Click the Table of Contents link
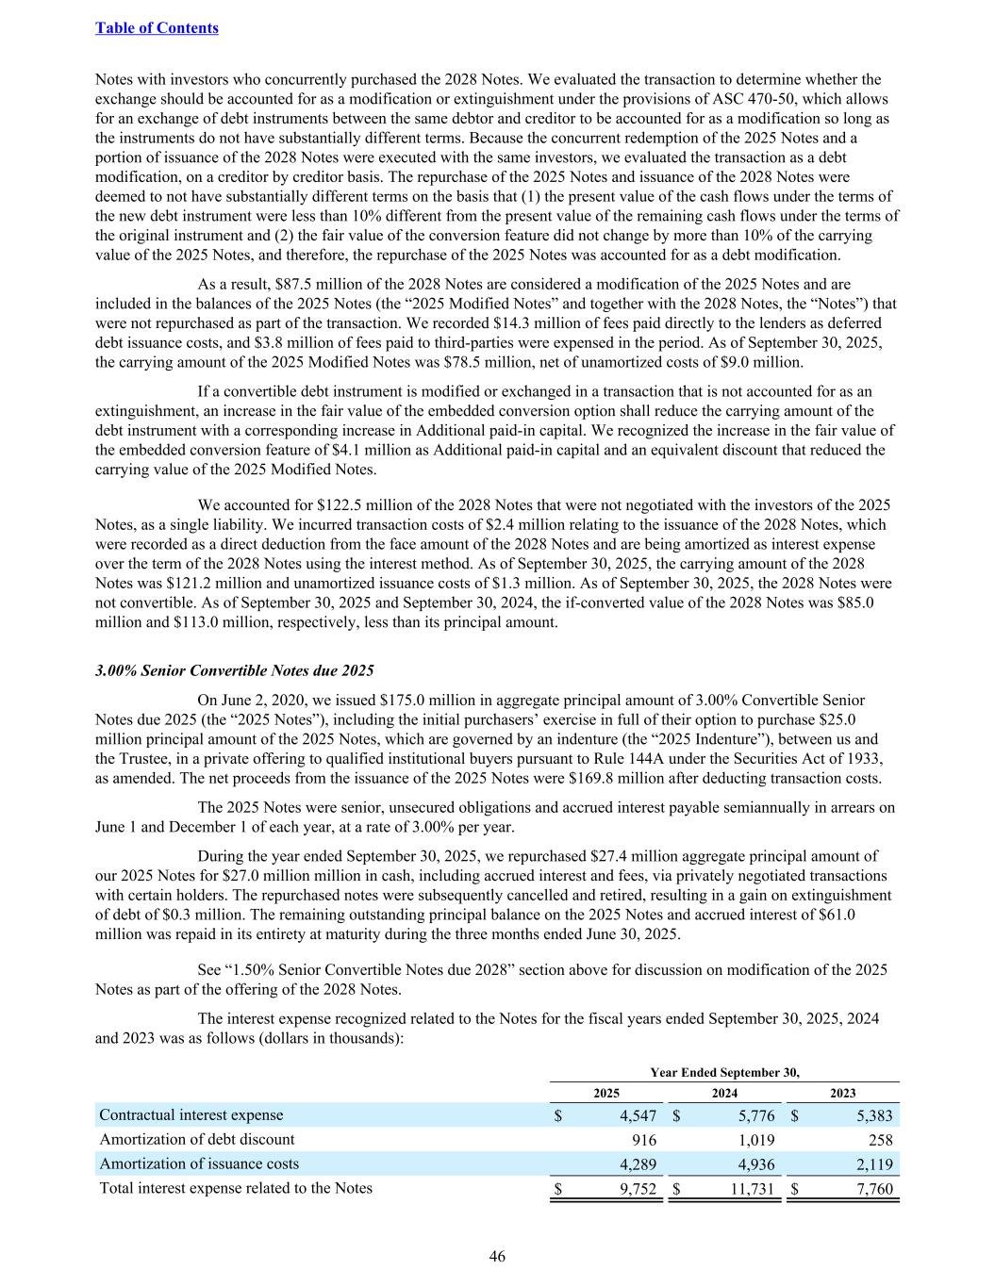pyautogui.click(x=157, y=27)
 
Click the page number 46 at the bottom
pyautogui.click(x=497, y=1256)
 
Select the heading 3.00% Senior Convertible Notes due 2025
pyautogui.click(x=235, y=670)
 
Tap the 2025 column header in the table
pyautogui.click(x=605, y=1093)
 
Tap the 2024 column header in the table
pyautogui.click(x=724, y=1093)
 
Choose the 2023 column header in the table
pyautogui.click(x=842, y=1093)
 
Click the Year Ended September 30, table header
pyautogui.click(x=724, y=1072)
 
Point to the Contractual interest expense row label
pyautogui.click(x=191, y=1115)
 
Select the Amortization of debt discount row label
pyautogui.click(x=197, y=1139)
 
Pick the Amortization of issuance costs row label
pyautogui.click(x=199, y=1163)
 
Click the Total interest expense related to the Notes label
pyautogui.click(x=236, y=1188)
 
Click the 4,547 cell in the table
pyautogui.click(x=638, y=1115)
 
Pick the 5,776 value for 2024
pyautogui.click(x=755, y=1115)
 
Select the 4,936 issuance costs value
pyautogui.click(x=755, y=1164)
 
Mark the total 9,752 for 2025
pyautogui.click(x=638, y=1189)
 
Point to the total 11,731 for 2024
pyautogui.click(x=752, y=1189)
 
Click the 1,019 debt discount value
pyautogui.click(x=755, y=1140)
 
